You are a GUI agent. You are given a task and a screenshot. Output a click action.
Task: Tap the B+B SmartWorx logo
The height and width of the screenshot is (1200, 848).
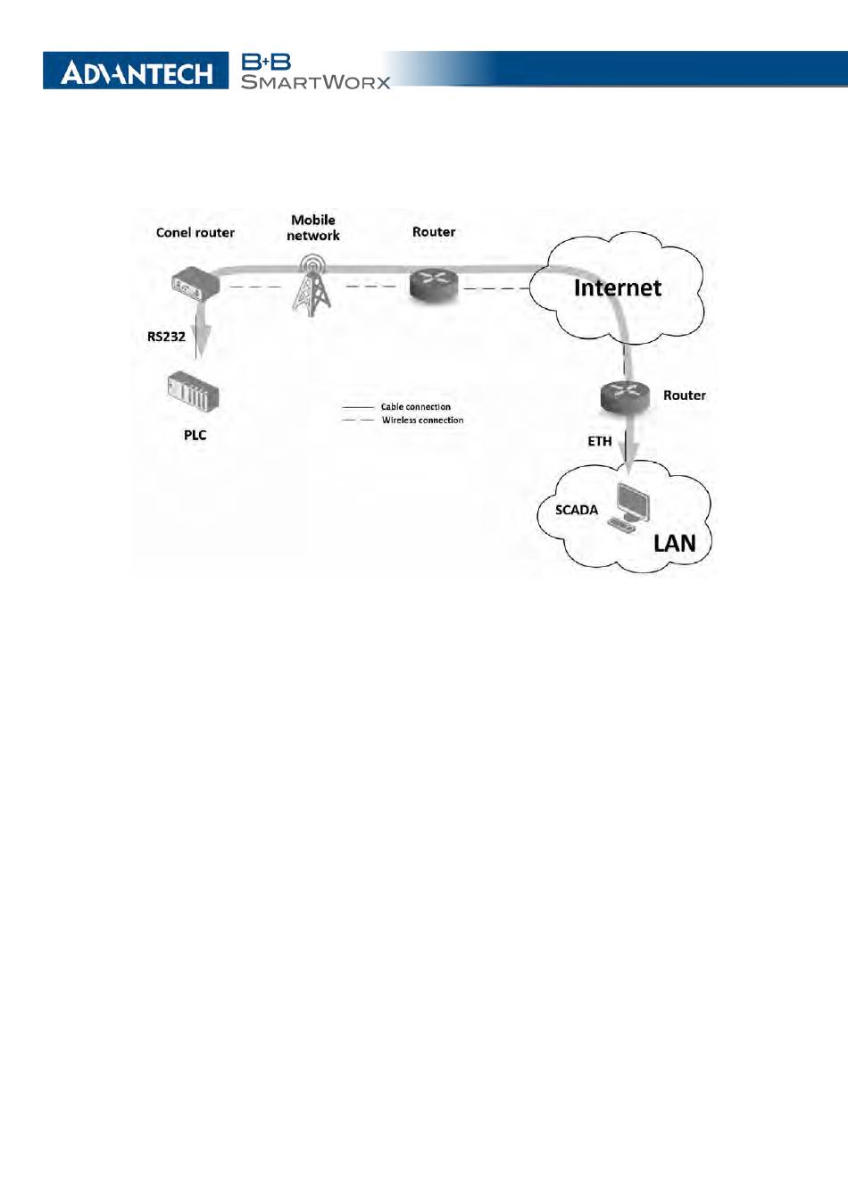pyautogui.click(x=315, y=71)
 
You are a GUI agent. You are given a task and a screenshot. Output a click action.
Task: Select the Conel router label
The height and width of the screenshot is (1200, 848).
pyautogui.click(x=195, y=232)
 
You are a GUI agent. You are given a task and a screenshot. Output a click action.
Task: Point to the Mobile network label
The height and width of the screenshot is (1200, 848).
pyautogui.click(x=312, y=228)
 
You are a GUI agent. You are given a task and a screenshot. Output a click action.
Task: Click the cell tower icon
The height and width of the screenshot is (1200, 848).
pyautogui.click(x=312, y=283)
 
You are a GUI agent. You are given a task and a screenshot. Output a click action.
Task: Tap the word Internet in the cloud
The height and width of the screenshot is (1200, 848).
pyautogui.click(x=617, y=287)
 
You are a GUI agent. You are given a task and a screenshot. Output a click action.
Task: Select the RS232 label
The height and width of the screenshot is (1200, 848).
pyautogui.click(x=166, y=337)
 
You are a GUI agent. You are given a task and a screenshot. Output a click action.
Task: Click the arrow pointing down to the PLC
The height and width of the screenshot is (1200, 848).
pyautogui.click(x=203, y=337)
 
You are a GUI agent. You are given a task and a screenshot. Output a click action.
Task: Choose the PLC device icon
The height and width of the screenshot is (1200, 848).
pyautogui.click(x=193, y=392)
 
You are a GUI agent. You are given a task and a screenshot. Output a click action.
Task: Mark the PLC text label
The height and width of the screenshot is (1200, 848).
pyautogui.click(x=195, y=435)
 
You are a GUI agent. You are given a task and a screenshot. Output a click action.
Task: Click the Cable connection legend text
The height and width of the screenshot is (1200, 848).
pyautogui.click(x=415, y=406)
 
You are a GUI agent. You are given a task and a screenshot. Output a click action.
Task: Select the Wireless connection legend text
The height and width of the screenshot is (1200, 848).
pyautogui.click(x=422, y=420)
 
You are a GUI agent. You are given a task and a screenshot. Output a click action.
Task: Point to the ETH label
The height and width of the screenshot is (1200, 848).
pyautogui.click(x=600, y=441)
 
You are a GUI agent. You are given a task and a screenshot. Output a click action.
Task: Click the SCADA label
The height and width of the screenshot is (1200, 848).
pyautogui.click(x=577, y=510)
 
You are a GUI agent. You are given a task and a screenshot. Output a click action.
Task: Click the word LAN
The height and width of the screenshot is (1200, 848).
pyautogui.click(x=674, y=543)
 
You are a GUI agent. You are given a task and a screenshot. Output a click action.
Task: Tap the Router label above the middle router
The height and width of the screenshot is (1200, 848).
pyautogui.click(x=434, y=231)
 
